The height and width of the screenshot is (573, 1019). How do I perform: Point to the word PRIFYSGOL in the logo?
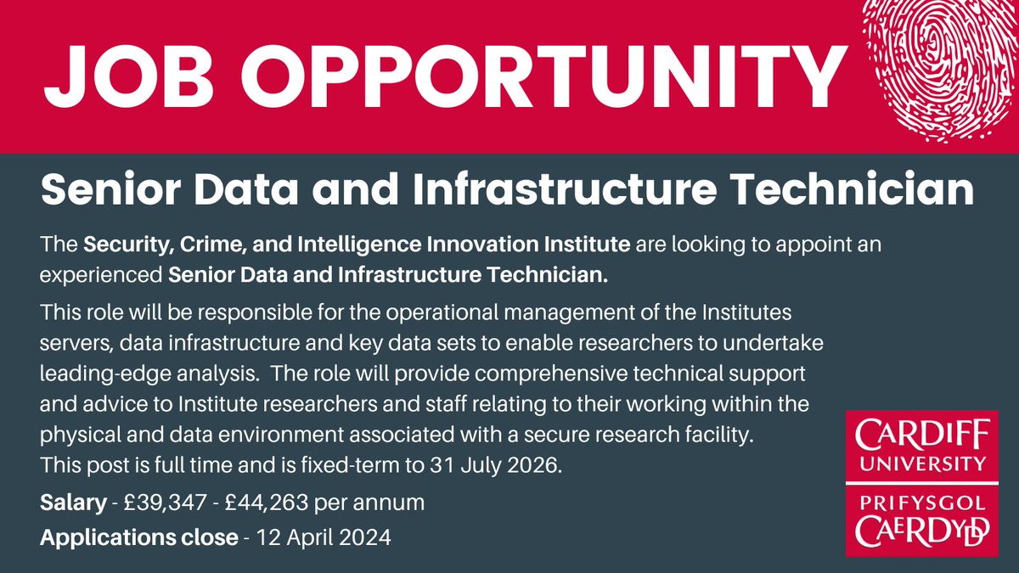tap(921, 503)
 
